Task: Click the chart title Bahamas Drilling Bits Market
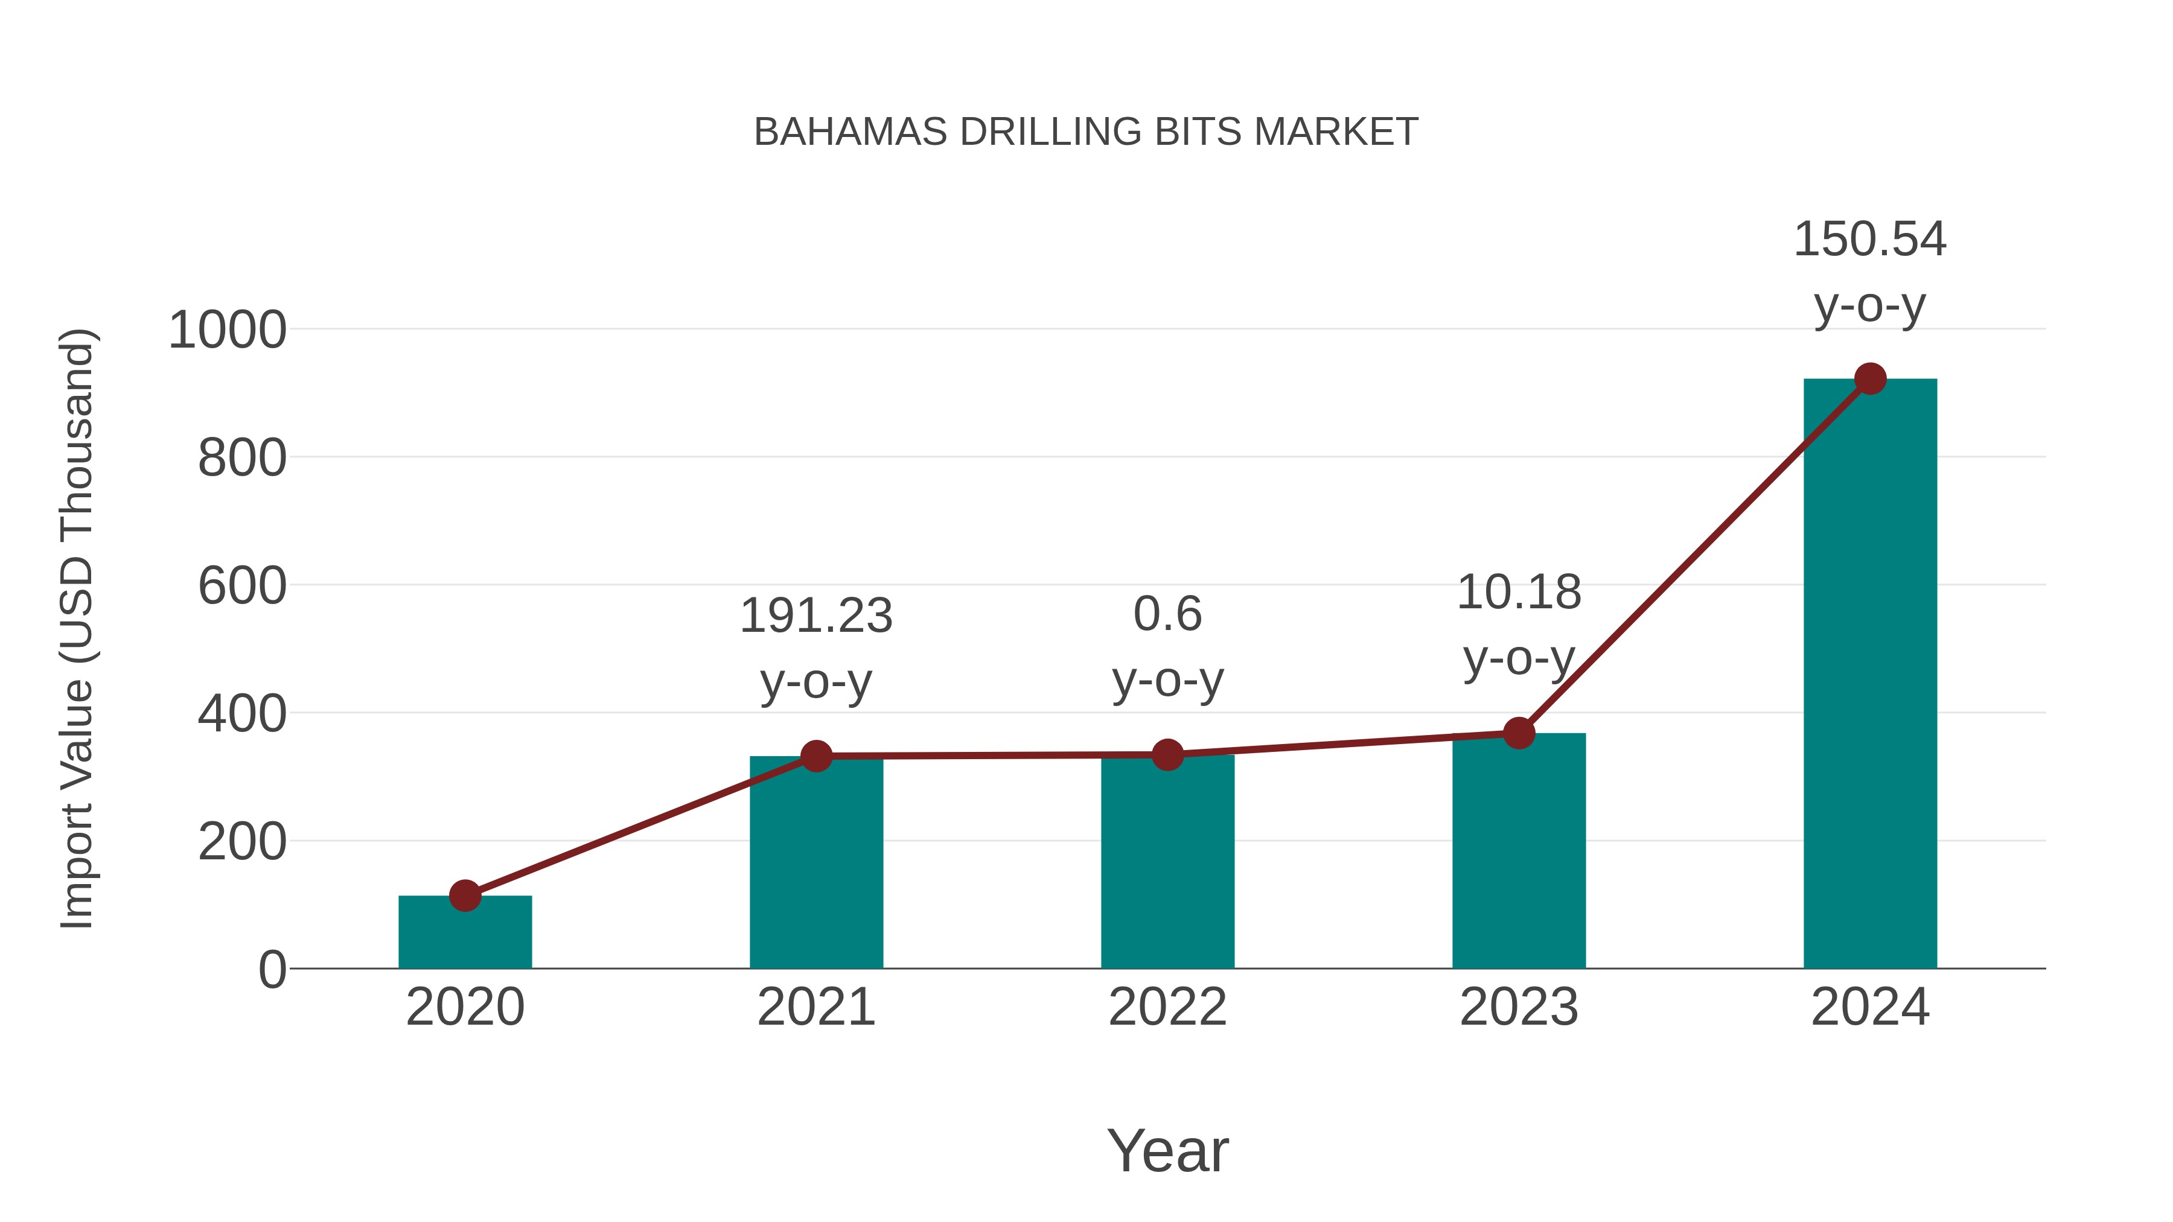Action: click(1086, 132)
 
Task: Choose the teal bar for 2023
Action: click(1519, 851)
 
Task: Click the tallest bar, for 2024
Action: click(1869, 675)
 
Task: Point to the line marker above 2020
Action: click(465, 896)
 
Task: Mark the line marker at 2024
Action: click(1870, 380)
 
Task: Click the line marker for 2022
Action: click(1167, 755)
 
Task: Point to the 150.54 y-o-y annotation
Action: click(1869, 272)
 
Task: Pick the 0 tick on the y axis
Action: click(272, 970)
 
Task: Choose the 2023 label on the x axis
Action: click(1519, 1007)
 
